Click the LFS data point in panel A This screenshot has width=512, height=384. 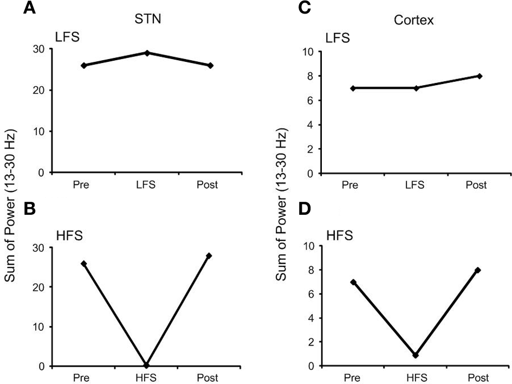coord(146,53)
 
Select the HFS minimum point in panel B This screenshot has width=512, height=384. coord(146,365)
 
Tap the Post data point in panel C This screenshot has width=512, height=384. coord(479,76)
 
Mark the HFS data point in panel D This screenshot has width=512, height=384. coord(415,355)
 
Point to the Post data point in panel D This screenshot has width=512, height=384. coord(478,270)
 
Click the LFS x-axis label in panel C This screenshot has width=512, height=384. coord(414,185)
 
